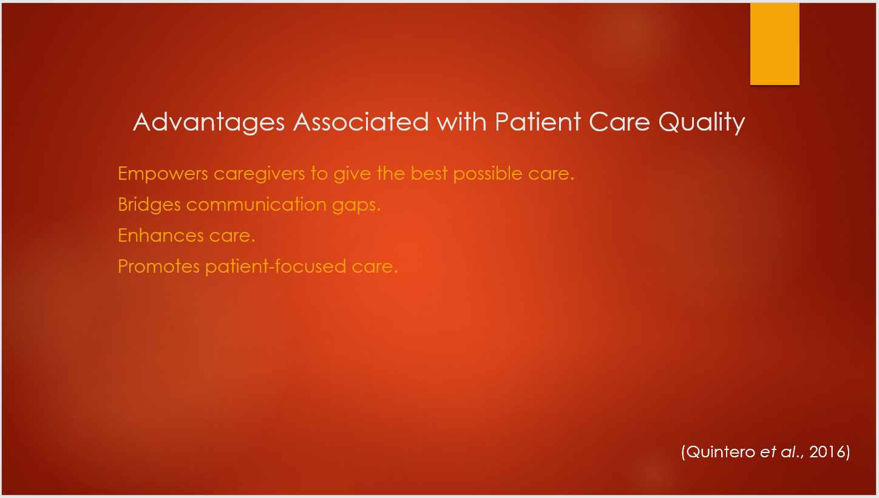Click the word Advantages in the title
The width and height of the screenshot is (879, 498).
(x=209, y=123)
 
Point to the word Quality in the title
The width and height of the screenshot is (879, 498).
(x=702, y=123)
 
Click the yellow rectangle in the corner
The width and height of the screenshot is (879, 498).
(x=775, y=44)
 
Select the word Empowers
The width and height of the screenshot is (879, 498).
(x=163, y=174)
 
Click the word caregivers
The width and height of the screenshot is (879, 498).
(x=259, y=174)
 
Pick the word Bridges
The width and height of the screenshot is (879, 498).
(x=149, y=205)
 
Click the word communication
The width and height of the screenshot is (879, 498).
(x=256, y=205)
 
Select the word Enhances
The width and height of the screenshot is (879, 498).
(x=161, y=236)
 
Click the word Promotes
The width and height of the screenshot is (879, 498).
(x=159, y=267)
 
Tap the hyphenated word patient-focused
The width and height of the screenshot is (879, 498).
(x=276, y=267)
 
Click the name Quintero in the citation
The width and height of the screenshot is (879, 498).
(x=721, y=452)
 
